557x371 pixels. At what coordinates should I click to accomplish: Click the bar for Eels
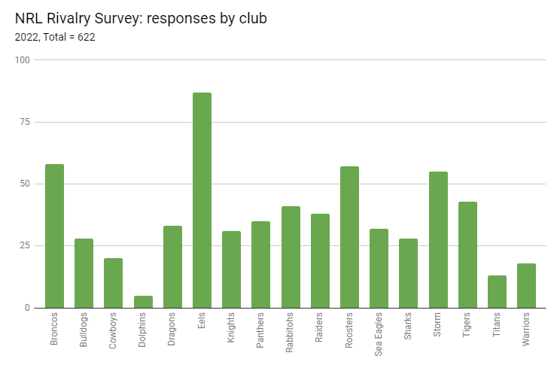click(202, 200)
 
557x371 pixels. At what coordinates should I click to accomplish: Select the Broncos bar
click(54, 236)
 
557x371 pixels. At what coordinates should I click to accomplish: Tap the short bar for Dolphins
click(143, 302)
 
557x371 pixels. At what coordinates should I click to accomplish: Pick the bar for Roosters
click(349, 237)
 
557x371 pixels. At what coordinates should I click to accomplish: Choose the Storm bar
click(438, 239)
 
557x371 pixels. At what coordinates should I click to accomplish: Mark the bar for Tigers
click(467, 254)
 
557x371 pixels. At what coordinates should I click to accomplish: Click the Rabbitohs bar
click(291, 257)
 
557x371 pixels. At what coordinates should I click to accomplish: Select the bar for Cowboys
click(113, 283)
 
